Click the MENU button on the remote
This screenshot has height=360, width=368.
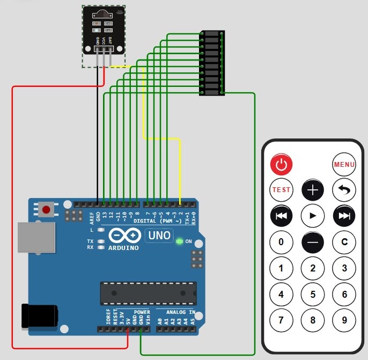[344, 164]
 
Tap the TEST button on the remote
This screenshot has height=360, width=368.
[281, 189]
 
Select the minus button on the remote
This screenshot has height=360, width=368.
[313, 242]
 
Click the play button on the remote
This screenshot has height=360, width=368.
[313, 216]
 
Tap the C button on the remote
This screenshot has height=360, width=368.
[344, 242]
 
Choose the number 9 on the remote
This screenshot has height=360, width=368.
[344, 320]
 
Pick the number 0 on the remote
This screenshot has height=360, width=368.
[281, 242]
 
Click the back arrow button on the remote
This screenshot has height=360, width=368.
[344, 189]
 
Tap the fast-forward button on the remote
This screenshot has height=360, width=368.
[344, 216]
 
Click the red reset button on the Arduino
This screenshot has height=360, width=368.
[47, 209]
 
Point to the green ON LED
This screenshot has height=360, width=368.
[179, 241]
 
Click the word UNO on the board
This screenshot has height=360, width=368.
[159, 236]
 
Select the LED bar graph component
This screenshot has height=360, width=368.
[212, 63]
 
